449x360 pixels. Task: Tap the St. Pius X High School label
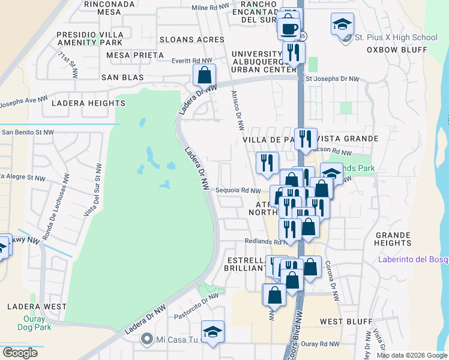[x=396, y=37]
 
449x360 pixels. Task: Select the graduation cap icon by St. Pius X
[x=342, y=25]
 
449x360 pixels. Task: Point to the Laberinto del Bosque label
[x=412, y=259]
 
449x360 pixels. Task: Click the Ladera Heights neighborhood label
[x=88, y=103]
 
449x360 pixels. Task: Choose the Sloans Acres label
[x=191, y=40]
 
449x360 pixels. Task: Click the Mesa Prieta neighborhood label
[x=134, y=55]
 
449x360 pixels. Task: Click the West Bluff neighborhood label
[x=346, y=322]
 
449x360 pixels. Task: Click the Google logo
[x=20, y=353]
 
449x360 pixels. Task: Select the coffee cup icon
[x=289, y=28]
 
